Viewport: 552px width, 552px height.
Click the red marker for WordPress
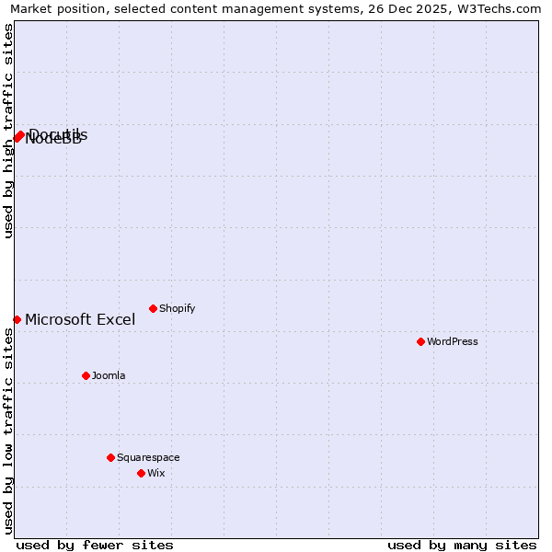click(420, 341)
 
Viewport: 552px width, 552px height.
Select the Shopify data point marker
click(153, 308)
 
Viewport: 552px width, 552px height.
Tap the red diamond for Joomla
click(86, 375)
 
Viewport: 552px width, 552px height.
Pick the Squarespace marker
click(110, 457)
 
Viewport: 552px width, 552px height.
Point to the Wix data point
click(141, 473)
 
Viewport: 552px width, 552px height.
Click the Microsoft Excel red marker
click(17, 319)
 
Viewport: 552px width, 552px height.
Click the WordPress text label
click(453, 341)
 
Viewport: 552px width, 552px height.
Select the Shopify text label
click(178, 308)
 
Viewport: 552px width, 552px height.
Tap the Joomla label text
click(109, 375)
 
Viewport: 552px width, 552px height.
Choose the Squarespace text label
click(148, 457)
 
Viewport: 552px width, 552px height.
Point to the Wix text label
click(156, 473)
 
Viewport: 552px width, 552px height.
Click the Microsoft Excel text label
click(80, 319)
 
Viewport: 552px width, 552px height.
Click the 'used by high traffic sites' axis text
click(8, 131)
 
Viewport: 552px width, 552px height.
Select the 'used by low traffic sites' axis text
click(8, 431)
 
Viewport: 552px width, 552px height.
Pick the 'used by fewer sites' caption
click(95, 545)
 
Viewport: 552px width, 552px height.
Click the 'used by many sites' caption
click(462, 545)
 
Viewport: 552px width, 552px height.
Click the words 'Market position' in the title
click(56, 9)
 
